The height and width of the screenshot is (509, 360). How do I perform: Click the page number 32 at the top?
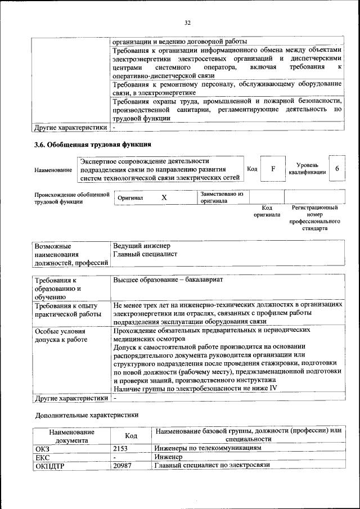coord(187,22)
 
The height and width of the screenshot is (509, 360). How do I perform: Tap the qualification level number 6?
coord(336,169)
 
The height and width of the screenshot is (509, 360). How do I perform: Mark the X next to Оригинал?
coord(164,198)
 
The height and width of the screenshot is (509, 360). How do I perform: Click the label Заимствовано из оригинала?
coord(222,197)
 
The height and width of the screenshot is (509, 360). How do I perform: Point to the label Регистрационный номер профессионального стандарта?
coord(314,218)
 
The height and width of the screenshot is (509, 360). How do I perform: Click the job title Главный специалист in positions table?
coord(145,254)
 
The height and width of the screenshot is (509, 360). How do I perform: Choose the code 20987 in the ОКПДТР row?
coord(124,466)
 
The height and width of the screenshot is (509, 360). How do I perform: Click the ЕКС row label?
coord(43,457)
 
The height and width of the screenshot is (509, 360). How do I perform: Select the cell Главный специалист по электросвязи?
coord(213,466)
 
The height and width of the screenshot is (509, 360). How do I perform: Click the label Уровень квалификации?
coord(307,169)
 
